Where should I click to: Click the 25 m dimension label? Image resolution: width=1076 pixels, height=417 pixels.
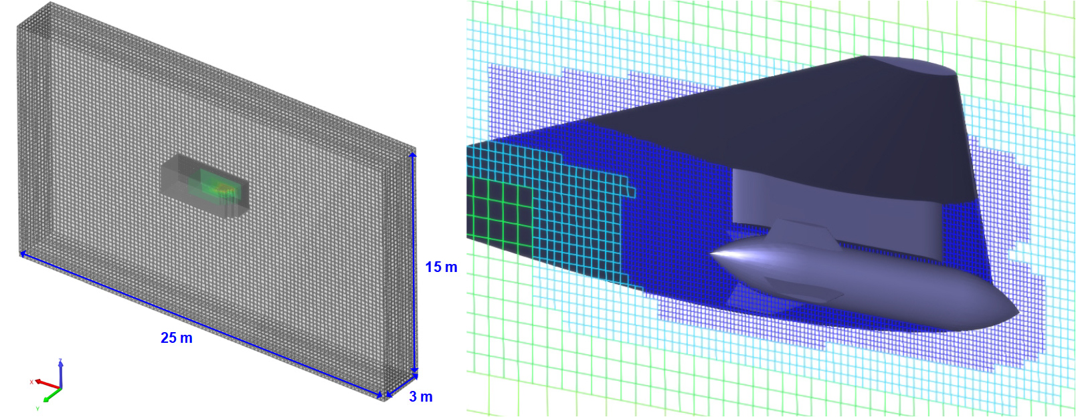(x=176, y=338)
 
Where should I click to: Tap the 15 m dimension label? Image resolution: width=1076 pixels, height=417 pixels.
(x=441, y=267)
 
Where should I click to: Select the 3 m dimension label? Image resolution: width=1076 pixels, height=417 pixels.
(x=421, y=396)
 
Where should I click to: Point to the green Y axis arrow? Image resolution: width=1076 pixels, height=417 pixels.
(x=52, y=395)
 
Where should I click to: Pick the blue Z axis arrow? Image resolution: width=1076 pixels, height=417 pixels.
(x=60, y=374)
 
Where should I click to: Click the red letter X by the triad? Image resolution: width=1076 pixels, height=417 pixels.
(x=31, y=382)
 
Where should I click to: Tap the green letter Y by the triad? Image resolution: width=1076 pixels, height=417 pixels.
(x=37, y=408)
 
